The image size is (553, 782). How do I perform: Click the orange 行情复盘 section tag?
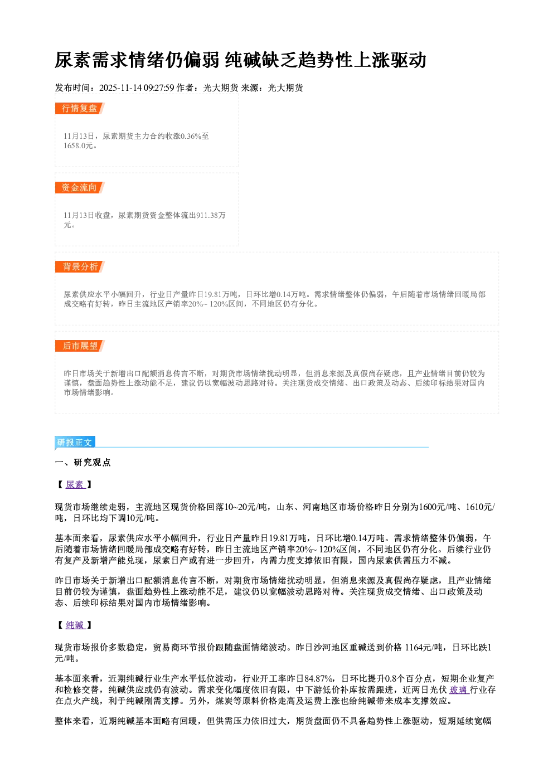coord(80,108)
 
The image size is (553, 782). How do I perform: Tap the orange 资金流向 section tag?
coord(80,187)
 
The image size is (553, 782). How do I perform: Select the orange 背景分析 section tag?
coord(80,267)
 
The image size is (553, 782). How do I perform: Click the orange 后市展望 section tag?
coord(80,346)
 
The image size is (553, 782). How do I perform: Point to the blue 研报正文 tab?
coord(75,443)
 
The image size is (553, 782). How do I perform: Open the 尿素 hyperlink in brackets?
coord(75,484)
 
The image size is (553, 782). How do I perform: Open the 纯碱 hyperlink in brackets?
coord(75,625)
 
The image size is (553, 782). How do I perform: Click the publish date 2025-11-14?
coord(120,88)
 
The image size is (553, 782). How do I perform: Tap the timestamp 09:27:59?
coord(159,88)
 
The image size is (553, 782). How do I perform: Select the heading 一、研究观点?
coord(83,463)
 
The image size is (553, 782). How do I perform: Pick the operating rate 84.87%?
coord(318,679)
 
